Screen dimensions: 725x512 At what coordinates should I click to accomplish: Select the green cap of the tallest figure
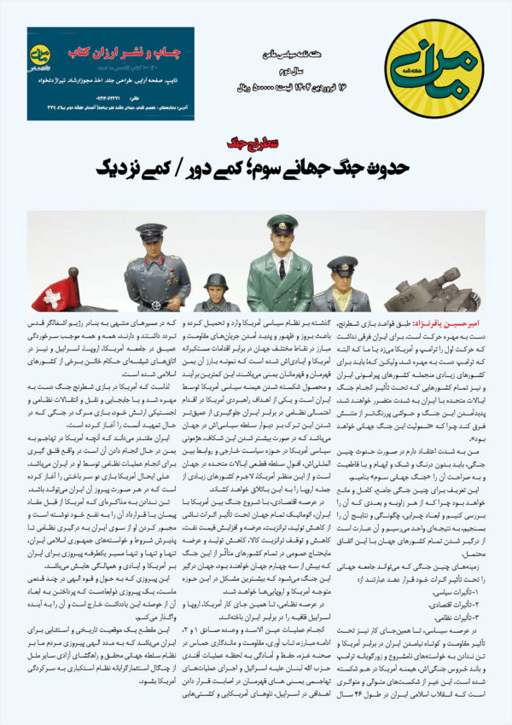click(282, 224)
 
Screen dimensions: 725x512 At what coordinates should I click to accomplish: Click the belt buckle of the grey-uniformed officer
click(154, 302)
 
